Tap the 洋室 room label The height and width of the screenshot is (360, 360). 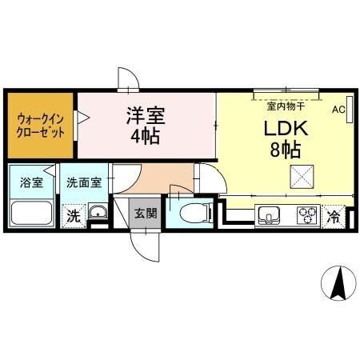145,115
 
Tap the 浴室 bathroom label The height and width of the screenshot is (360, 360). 32,182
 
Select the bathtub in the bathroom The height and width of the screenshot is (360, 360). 32,214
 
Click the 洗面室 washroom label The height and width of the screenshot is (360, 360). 83,182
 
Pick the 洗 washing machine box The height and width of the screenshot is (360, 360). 74,214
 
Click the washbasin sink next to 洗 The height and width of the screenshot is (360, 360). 98,214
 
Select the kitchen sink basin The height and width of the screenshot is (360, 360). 267,214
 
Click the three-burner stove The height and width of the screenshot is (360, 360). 306,214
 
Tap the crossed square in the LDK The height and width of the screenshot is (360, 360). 302,176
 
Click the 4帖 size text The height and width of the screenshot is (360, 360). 145,136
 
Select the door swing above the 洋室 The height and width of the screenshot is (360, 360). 128,79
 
